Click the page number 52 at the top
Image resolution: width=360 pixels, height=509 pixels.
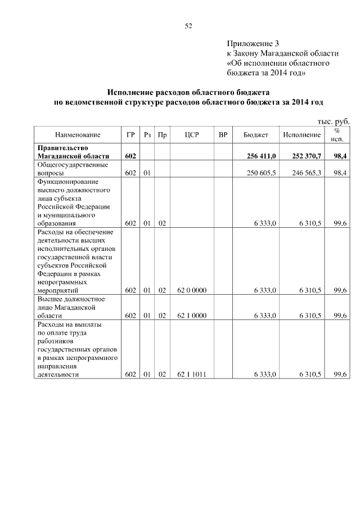point(188,26)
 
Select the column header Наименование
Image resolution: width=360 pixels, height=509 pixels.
point(78,135)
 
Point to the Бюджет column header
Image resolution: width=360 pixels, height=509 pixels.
point(255,135)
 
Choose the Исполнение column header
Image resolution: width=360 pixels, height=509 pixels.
point(302,135)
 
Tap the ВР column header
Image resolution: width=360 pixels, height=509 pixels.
point(223,135)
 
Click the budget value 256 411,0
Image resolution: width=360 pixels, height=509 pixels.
point(262,156)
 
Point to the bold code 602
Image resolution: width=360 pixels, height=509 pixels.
point(130,156)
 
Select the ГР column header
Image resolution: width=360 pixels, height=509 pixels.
point(130,135)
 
